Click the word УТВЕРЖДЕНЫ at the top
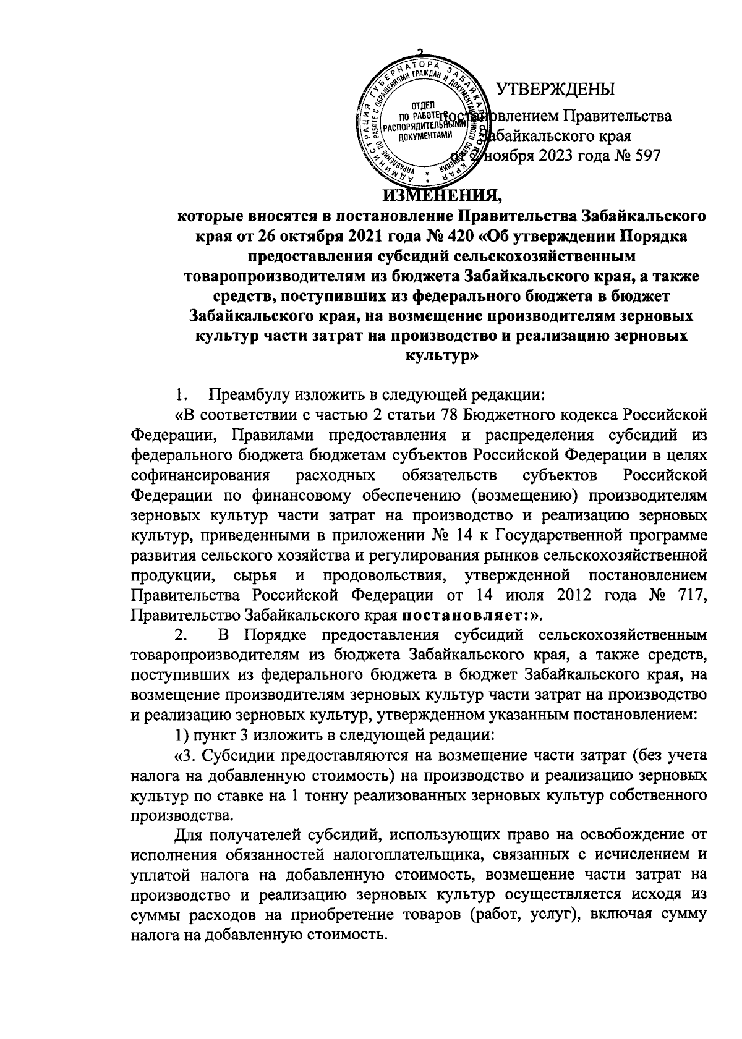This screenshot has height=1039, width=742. [556, 89]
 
